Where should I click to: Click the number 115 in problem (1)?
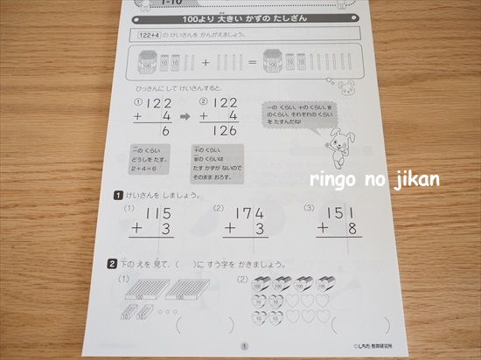click(x=158, y=213)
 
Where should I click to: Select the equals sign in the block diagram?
click(x=252, y=63)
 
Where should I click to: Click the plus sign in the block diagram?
click(x=206, y=63)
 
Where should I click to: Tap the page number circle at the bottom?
click(x=243, y=347)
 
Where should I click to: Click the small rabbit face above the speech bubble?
click(x=347, y=87)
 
